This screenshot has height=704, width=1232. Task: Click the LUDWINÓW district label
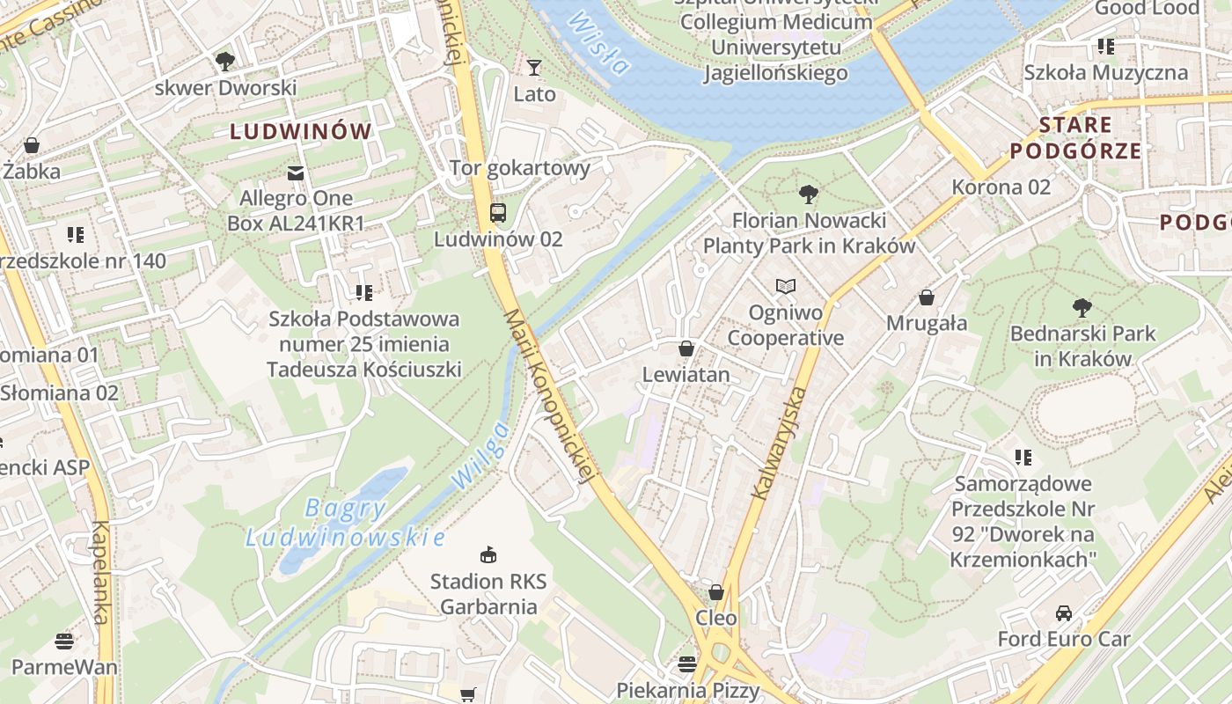pos(301,132)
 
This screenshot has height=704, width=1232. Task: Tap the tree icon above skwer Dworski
pos(225,61)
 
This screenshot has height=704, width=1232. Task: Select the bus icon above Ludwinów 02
pos(498,212)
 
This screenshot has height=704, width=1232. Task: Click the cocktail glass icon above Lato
pos(533,67)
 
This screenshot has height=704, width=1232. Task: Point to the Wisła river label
pos(599,43)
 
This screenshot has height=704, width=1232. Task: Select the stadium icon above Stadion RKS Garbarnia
pos(488,554)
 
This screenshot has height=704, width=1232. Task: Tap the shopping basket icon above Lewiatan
pos(686,348)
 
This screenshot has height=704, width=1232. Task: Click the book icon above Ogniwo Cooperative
pos(785,286)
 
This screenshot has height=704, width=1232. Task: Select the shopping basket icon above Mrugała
pos(926,297)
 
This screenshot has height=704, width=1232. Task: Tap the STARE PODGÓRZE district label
pos(1075,137)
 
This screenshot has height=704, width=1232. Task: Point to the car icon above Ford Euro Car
pos(1063,612)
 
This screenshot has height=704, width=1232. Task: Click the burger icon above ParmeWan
pos(64,640)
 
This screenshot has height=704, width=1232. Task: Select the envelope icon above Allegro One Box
pos(296,172)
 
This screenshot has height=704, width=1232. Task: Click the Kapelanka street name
pos(100,572)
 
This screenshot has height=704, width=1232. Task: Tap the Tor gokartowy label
pos(519,167)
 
